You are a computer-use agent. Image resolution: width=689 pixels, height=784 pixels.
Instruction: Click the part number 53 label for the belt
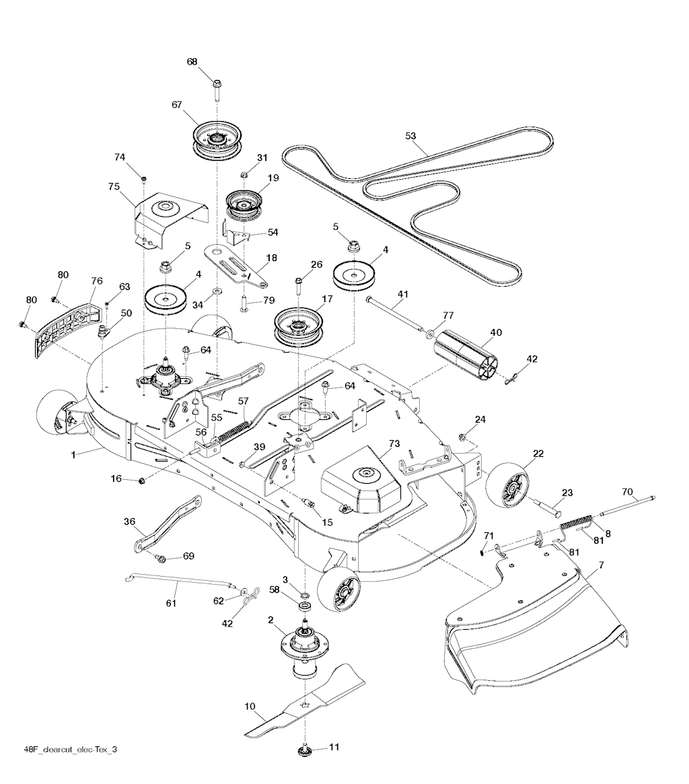click(410, 136)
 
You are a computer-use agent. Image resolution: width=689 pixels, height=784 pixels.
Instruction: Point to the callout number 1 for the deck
click(73, 456)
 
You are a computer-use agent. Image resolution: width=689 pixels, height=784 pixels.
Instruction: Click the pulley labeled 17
click(296, 327)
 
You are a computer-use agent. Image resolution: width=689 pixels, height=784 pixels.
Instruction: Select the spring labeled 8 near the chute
click(595, 523)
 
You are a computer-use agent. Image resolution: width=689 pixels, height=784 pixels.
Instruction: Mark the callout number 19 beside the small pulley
click(273, 178)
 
